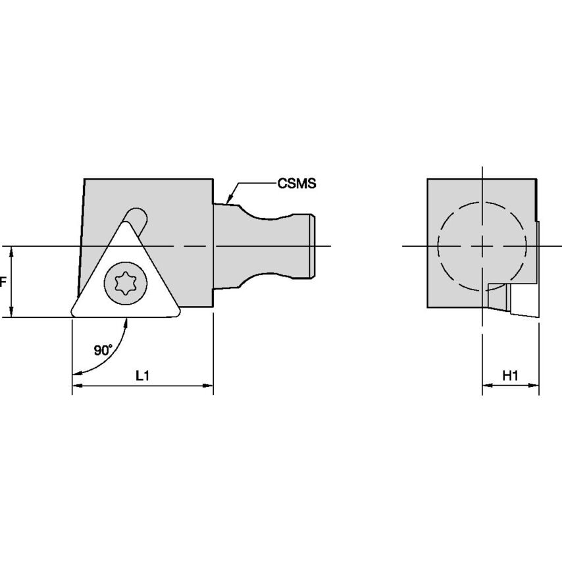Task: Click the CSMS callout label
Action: (x=297, y=184)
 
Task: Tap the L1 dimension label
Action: (x=142, y=376)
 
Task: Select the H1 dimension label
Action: (x=511, y=376)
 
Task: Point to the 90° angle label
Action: (x=103, y=350)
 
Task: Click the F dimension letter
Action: (x=3, y=282)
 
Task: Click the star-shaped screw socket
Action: (x=126, y=283)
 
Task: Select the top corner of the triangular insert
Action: (x=126, y=222)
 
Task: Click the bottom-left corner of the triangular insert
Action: (x=73, y=315)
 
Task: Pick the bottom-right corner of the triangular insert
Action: (x=178, y=314)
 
